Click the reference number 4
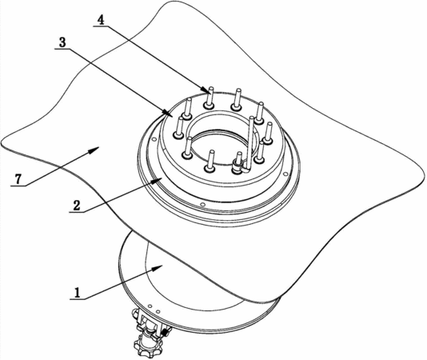tap(101, 20)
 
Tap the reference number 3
tap(62, 42)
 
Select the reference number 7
tap(18, 179)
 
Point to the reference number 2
tap(77, 206)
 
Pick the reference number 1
tap(78, 294)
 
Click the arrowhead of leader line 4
tap(206, 90)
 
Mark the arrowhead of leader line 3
tap(166, 113)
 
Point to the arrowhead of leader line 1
tap(158, 268)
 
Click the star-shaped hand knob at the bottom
tap(148, 346)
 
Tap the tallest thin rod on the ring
tap(250, 144)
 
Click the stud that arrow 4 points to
tap(210, 98)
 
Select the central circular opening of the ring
tap(221, 145)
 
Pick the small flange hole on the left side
tap(154, 139)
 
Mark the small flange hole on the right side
tap(285, 174)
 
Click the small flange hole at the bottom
tap(202, 204)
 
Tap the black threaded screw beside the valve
tap(166, 332)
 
